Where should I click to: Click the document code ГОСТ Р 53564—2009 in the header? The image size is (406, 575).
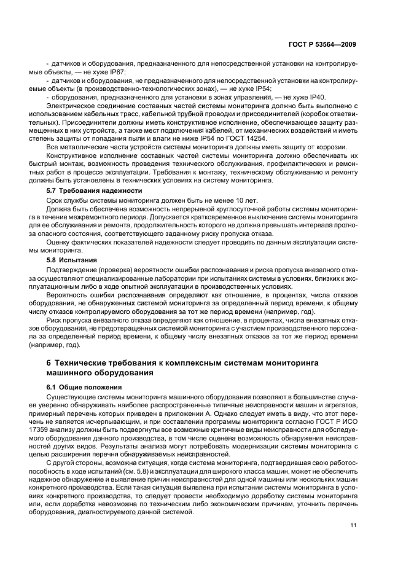[x=323, y=44]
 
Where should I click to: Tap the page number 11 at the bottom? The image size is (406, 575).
[x=353, y=525]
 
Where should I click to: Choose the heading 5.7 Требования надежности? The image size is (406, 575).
[x=95, y=190]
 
